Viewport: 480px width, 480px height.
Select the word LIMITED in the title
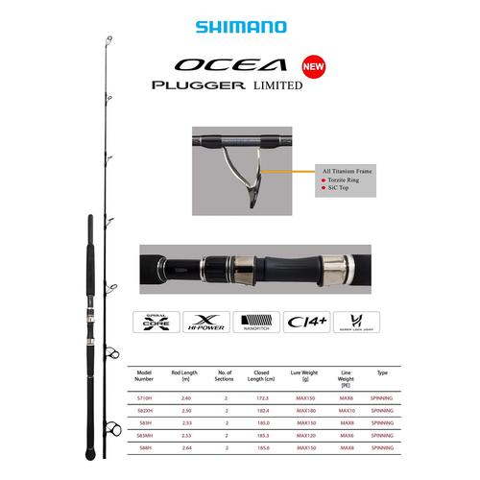(x=278, y=85)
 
